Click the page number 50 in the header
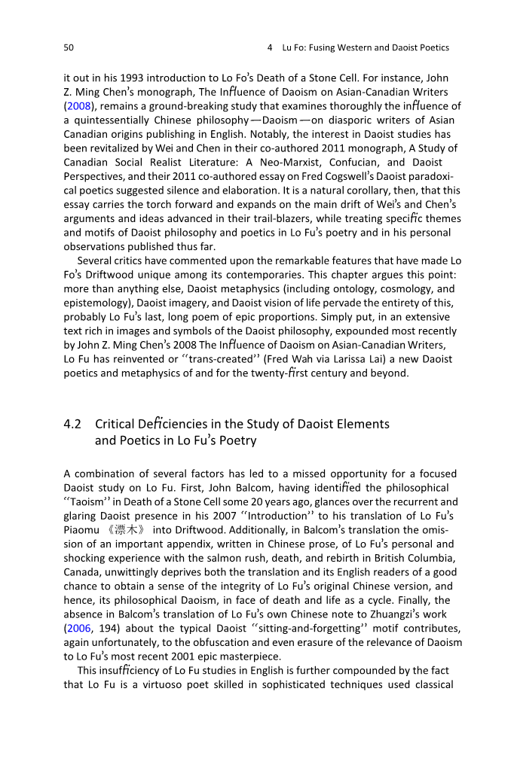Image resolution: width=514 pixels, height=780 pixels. [x=69, y=47]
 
